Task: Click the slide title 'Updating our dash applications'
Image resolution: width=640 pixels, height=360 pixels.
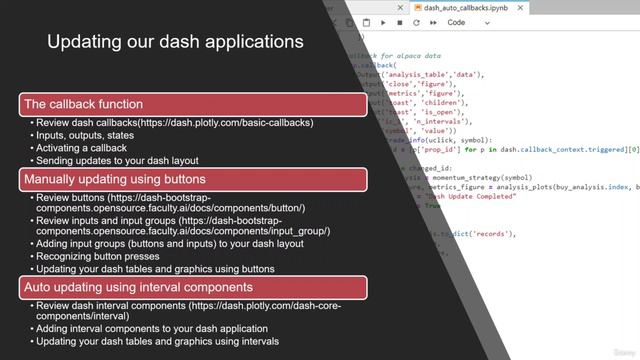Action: tap(175, 43)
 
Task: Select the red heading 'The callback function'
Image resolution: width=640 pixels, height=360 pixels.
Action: tap(83, 104)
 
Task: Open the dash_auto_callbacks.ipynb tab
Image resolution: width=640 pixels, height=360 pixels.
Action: tap(460, 7)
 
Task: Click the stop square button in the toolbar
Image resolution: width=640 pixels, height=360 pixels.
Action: tap(400, 22)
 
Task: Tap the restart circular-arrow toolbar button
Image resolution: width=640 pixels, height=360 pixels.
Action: tap(417, 22)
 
